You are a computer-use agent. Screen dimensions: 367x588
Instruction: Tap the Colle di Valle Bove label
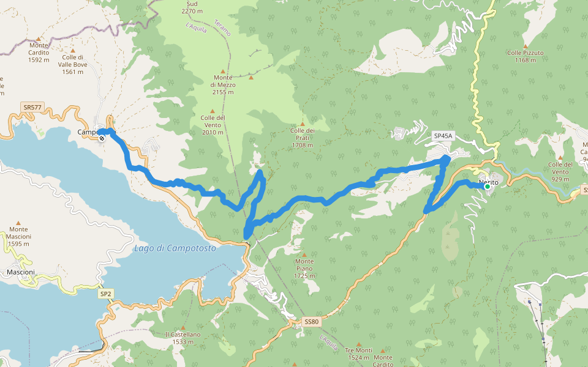(72, 64)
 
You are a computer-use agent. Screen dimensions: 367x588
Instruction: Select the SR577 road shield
(32, 108)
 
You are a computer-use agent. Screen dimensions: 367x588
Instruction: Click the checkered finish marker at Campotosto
(102, 138)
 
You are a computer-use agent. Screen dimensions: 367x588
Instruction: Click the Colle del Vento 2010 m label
(212, 124)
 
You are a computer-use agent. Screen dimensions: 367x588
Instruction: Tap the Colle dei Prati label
(302, 138)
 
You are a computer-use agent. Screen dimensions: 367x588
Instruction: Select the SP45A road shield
(442, 136)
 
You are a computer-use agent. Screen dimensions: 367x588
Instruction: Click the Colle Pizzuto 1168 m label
(525, 56)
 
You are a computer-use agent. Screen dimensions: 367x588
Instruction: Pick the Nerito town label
(488, 182)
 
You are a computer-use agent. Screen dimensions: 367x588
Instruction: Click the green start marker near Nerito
(487, 187)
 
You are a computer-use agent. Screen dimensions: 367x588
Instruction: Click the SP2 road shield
(105, 294)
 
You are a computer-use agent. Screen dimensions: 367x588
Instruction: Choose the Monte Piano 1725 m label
(304, 268)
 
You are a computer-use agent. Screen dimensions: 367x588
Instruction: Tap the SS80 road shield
(312, 322)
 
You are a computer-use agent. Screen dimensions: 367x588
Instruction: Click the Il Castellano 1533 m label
(183, 338)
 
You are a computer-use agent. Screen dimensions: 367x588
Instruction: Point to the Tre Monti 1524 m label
(359, 354)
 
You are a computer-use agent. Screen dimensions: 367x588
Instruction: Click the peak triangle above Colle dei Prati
(302, 124)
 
